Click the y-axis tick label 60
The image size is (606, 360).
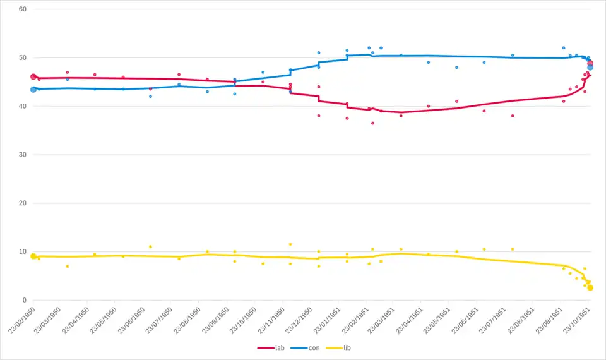(22, 9)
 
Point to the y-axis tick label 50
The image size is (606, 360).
(22, 58)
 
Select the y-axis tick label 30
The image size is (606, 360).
(22, 155)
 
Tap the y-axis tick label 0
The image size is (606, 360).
(24, 300)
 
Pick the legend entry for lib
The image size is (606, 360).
(340, 348)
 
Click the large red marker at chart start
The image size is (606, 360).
(33, 76)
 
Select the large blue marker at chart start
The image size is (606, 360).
(33, 90)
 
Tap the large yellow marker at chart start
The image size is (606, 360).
(33, 256)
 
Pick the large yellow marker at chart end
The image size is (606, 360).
(590, 287)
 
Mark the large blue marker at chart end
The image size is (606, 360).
(590, 67)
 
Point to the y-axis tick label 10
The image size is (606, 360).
(22, 252)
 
